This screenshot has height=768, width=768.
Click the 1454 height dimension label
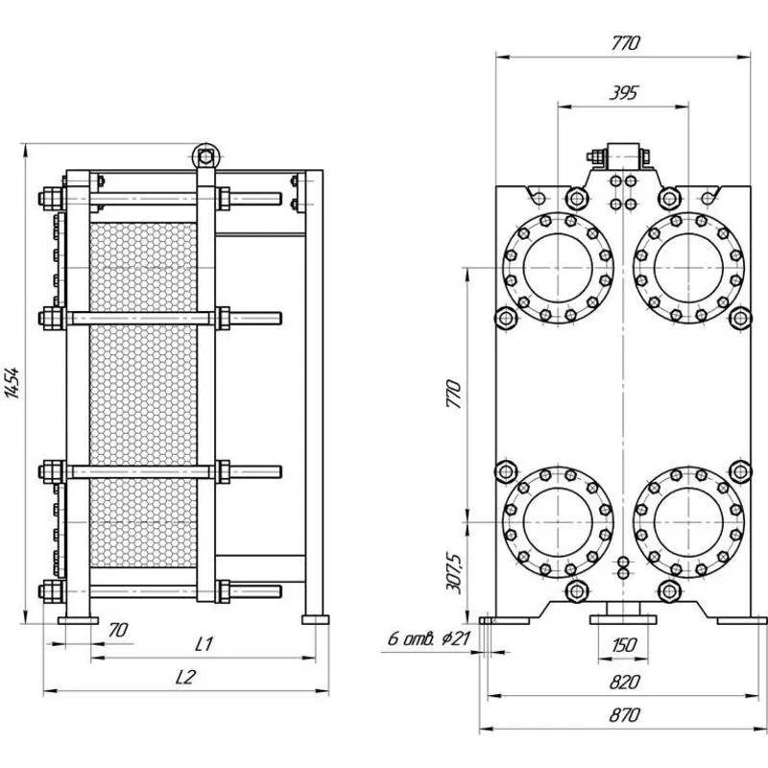pos(13,382)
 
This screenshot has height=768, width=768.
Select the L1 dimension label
pos(204,644)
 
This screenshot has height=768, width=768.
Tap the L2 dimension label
pos(185,677)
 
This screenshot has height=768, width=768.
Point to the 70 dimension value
pos(117,630)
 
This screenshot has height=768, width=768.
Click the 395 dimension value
pos(623,92)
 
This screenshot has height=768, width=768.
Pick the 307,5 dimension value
pos(454,573)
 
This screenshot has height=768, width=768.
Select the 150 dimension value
pos(623,645)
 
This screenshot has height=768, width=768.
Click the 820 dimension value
pos(625,682)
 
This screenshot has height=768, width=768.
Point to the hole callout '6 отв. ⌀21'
pos(429,638)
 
